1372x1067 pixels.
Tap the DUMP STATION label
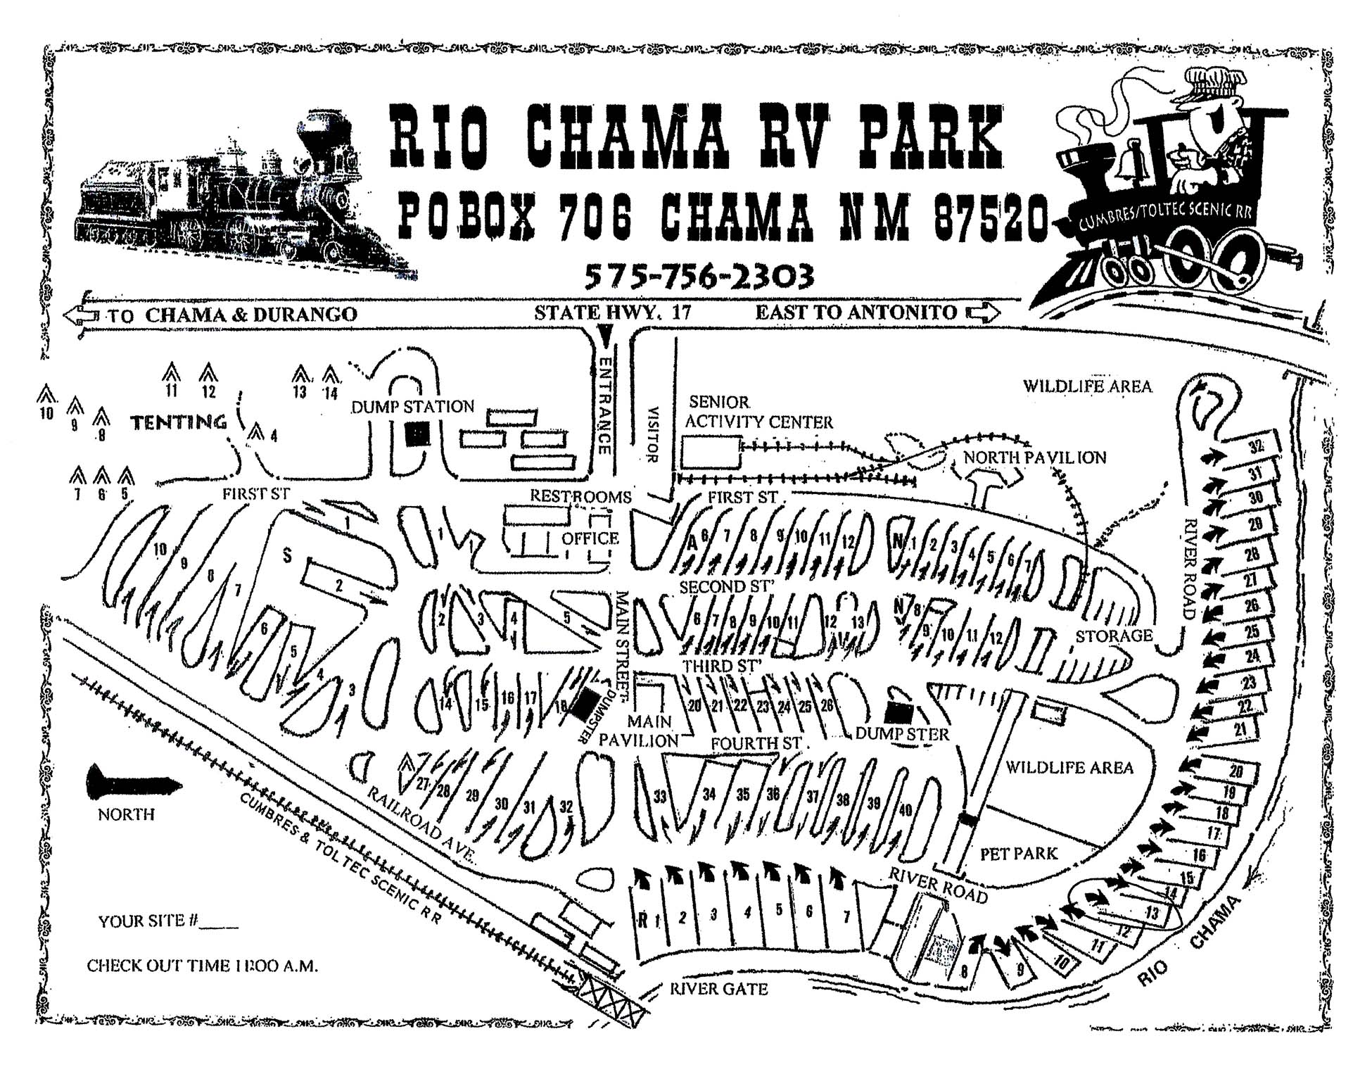click(x=413, y=407)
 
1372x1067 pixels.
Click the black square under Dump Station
click(x=417, y=435)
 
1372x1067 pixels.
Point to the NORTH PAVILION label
click(x=1034, y=457)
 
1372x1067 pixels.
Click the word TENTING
click(x=179, y=422)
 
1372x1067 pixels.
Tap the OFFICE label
click(x=590, y=538)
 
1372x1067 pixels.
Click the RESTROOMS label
click(x=580, y=496)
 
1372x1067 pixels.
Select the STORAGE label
click(x=1114, y=636)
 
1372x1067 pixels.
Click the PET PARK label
click(x=1018, y=854)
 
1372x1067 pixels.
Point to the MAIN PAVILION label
click(x=639, y=731)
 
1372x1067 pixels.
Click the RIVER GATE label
click(x=718, y=989)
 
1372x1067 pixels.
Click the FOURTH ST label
click(x=756, y=743)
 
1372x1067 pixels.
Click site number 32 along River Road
click(x=1255, y=446)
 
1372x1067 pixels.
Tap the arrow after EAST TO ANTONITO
click(x=983, y=312)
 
